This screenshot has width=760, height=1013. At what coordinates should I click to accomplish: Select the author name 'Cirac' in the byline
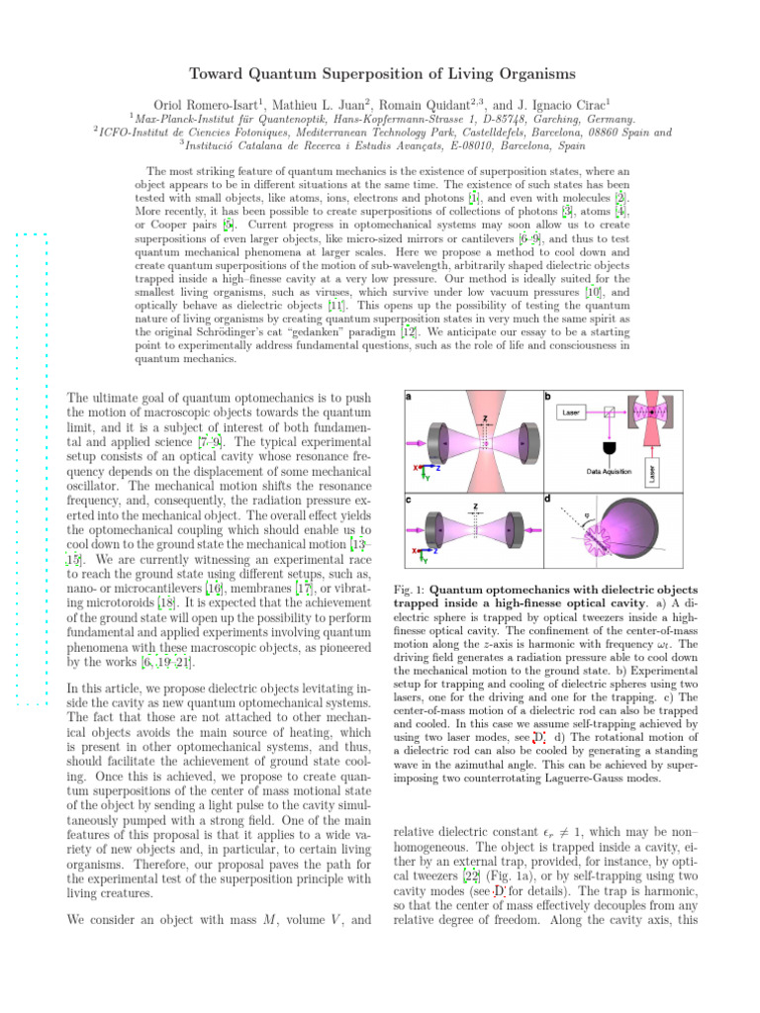[589, 104]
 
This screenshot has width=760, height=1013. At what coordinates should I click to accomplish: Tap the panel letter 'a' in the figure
[410, 397]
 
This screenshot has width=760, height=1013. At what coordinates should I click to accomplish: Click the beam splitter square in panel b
[612, 410]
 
